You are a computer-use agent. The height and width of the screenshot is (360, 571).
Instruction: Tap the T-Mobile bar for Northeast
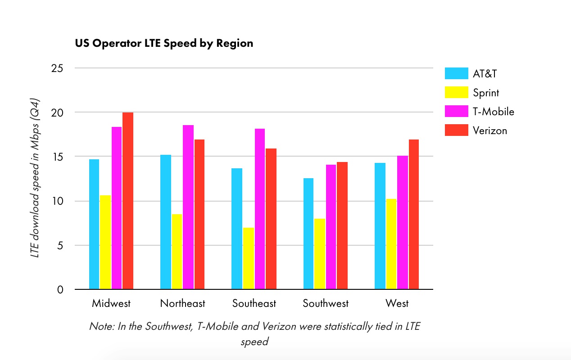(x=188, y=207)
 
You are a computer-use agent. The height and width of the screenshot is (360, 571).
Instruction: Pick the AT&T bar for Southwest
(x=308, y=234)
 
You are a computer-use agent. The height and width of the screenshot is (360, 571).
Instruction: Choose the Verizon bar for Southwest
(x=342, y=225)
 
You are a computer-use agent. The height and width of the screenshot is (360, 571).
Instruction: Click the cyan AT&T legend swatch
(x=456, y=73)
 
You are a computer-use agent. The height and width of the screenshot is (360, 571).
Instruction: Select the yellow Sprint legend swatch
(x=456, y=92)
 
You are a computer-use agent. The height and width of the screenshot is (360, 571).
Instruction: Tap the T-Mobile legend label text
(x=493, y=112)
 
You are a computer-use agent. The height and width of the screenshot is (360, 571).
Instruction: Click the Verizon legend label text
(x=489, y=130)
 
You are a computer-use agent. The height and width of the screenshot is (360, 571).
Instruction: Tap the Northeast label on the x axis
(x=182, y=303)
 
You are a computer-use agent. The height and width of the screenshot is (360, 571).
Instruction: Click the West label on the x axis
(x=397, y=303)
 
